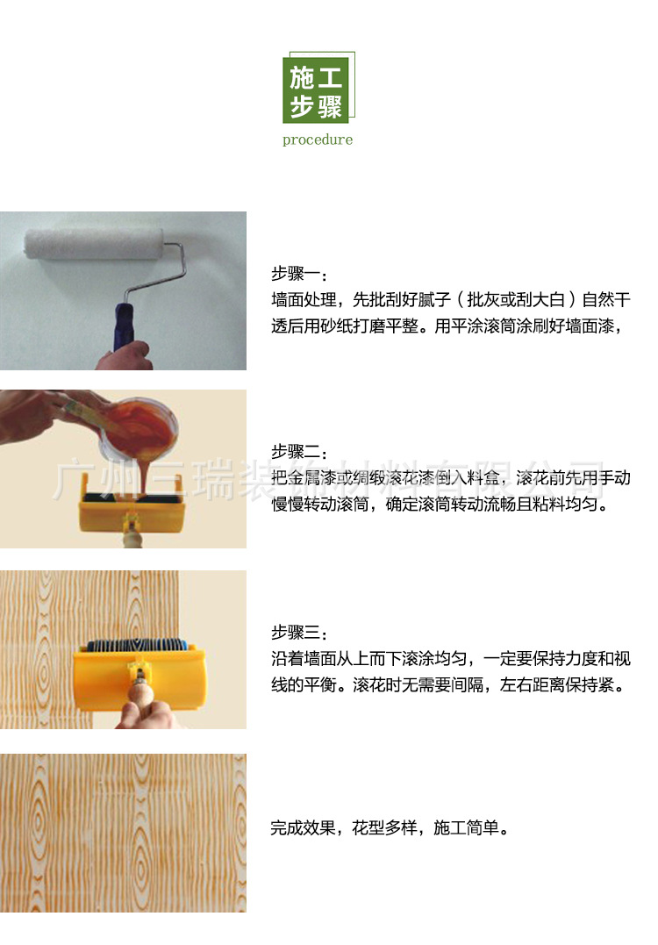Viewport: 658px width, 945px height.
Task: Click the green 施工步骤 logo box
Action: click(316, 91)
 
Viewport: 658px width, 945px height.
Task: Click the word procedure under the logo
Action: click(318, 140)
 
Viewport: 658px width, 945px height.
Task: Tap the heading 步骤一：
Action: click(298, 273)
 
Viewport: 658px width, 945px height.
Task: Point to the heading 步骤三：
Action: click(298, 633)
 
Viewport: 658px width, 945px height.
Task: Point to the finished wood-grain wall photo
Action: click(123, 833)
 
